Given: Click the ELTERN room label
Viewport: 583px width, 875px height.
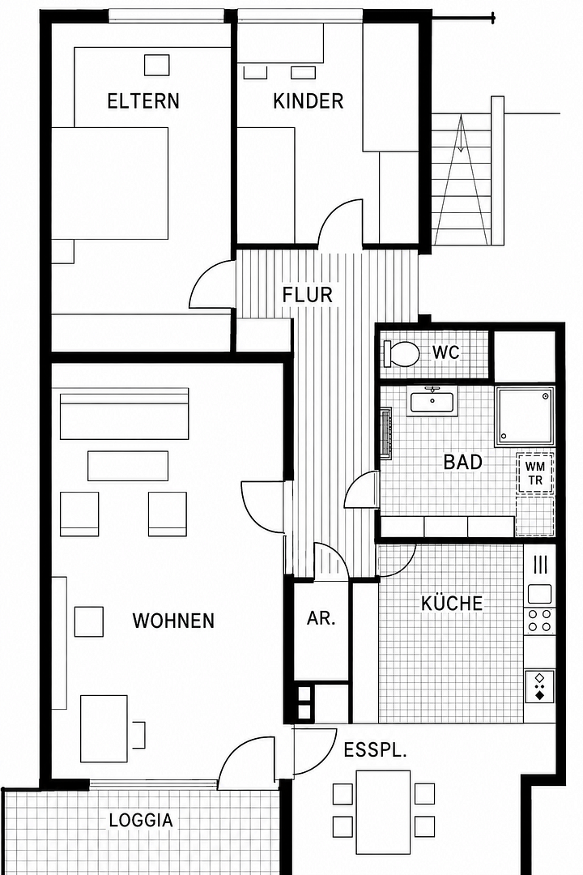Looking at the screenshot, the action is [x=143, y=101].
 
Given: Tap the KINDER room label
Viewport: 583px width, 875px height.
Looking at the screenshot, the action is [x=308, y=101].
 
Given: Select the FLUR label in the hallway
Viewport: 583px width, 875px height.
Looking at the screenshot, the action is [x=308, y=295].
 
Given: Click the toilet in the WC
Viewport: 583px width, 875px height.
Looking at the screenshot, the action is [x=401, y=354].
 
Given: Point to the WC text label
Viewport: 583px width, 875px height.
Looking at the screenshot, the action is [x=446, y=352].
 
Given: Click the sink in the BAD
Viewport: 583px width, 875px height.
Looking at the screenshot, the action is [x=433, y=400].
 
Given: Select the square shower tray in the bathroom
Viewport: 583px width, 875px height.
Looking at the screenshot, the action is [x=524, y=416].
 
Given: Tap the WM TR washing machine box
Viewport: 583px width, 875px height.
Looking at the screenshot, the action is [x=535, y=474].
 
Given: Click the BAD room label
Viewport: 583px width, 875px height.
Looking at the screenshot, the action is [x=462, y=462].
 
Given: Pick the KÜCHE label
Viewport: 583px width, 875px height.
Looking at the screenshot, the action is [x=451, y=604].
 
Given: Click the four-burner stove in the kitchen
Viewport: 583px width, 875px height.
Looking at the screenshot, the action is [x=539, y=620].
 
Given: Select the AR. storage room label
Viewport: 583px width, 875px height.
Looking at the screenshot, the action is [x=321, y=618].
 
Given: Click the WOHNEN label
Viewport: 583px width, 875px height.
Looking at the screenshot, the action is [x=173, y=621].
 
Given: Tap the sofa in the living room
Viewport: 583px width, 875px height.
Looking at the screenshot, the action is [x=124, y=414].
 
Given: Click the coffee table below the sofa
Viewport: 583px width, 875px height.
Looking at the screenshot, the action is [x=128, y=465].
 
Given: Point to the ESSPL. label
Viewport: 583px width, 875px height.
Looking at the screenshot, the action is [x=375, y=750].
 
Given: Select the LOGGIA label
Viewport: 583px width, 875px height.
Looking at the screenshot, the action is [x=141, y=820].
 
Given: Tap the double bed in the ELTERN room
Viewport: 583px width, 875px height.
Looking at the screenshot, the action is [x=110, y=183].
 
